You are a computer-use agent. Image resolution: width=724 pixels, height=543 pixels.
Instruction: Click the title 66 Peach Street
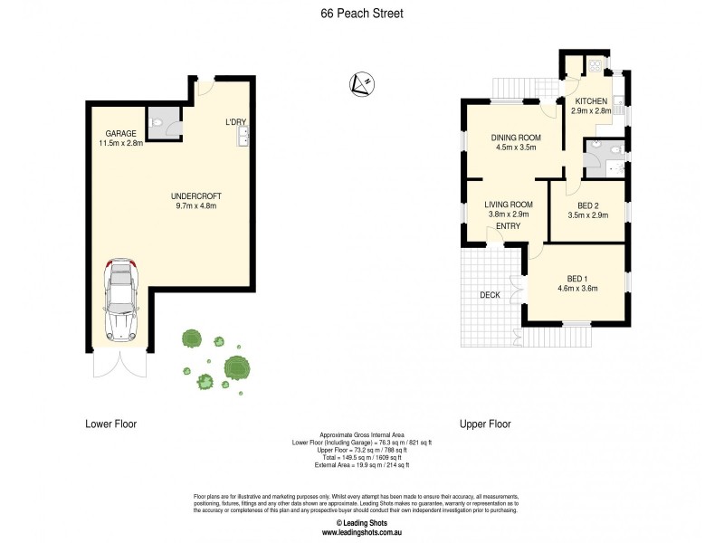tap(361, 14)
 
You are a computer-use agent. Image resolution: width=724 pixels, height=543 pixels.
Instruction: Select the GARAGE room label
tap(120, 132)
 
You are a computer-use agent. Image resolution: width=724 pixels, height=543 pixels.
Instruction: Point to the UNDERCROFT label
tap(196, 195)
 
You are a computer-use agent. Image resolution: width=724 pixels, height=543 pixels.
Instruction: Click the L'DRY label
tap(235, 122)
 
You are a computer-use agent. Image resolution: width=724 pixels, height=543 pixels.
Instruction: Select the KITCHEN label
tap(590, 100)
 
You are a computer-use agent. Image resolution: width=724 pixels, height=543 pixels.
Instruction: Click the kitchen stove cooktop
tap(595, 64)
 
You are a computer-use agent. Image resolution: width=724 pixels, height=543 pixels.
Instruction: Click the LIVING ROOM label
tap(508, 205)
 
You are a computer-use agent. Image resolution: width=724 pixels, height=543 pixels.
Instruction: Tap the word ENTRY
tap(509, 226)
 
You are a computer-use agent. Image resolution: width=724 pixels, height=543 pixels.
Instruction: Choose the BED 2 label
tap(587, 205)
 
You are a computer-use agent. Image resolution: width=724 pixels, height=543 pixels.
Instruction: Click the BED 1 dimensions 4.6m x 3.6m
tap(576, 289)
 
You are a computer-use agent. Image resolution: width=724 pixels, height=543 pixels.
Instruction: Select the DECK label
tap(491, 295)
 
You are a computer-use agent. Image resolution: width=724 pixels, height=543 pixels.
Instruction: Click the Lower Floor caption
tap(110, 424)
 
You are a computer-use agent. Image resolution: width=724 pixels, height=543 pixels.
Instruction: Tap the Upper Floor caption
tap(485, 424)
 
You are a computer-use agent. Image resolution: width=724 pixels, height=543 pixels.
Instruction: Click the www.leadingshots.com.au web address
tap(361, 532)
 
